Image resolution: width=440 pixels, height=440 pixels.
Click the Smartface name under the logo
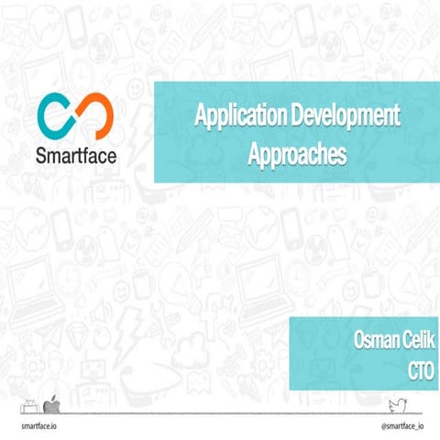(77, 152)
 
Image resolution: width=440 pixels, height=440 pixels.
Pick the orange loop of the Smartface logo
(95, 113)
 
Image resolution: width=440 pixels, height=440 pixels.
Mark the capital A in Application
(199, 116)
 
